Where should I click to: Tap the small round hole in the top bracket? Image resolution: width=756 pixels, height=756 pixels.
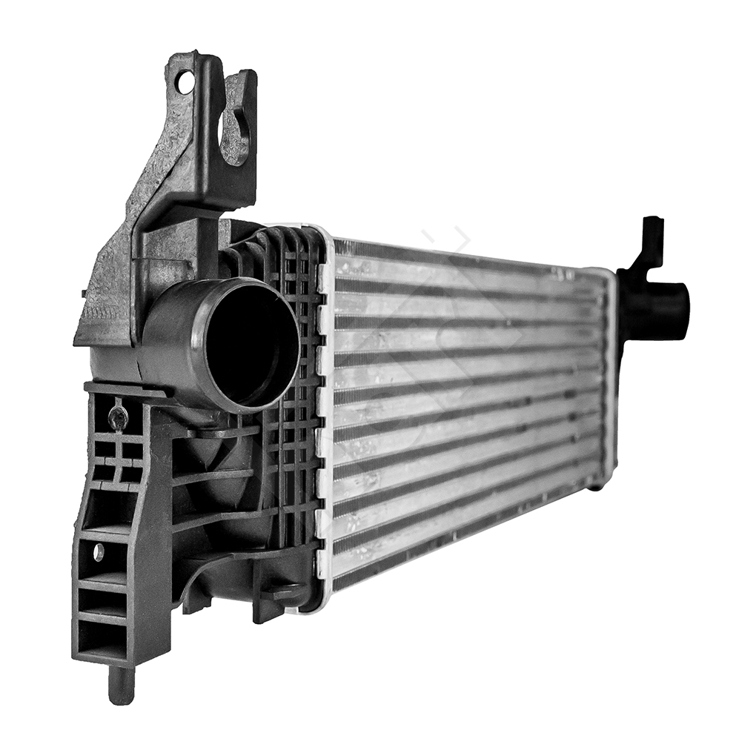tap(185, 82)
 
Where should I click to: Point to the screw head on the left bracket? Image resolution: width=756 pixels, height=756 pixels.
tap(118, 417)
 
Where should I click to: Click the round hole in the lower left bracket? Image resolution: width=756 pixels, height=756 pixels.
tap(99, 552)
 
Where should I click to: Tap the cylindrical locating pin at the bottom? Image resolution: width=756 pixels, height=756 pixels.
tap(121, 685)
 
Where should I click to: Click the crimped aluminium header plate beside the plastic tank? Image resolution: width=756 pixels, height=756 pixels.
tap(325, 415)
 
